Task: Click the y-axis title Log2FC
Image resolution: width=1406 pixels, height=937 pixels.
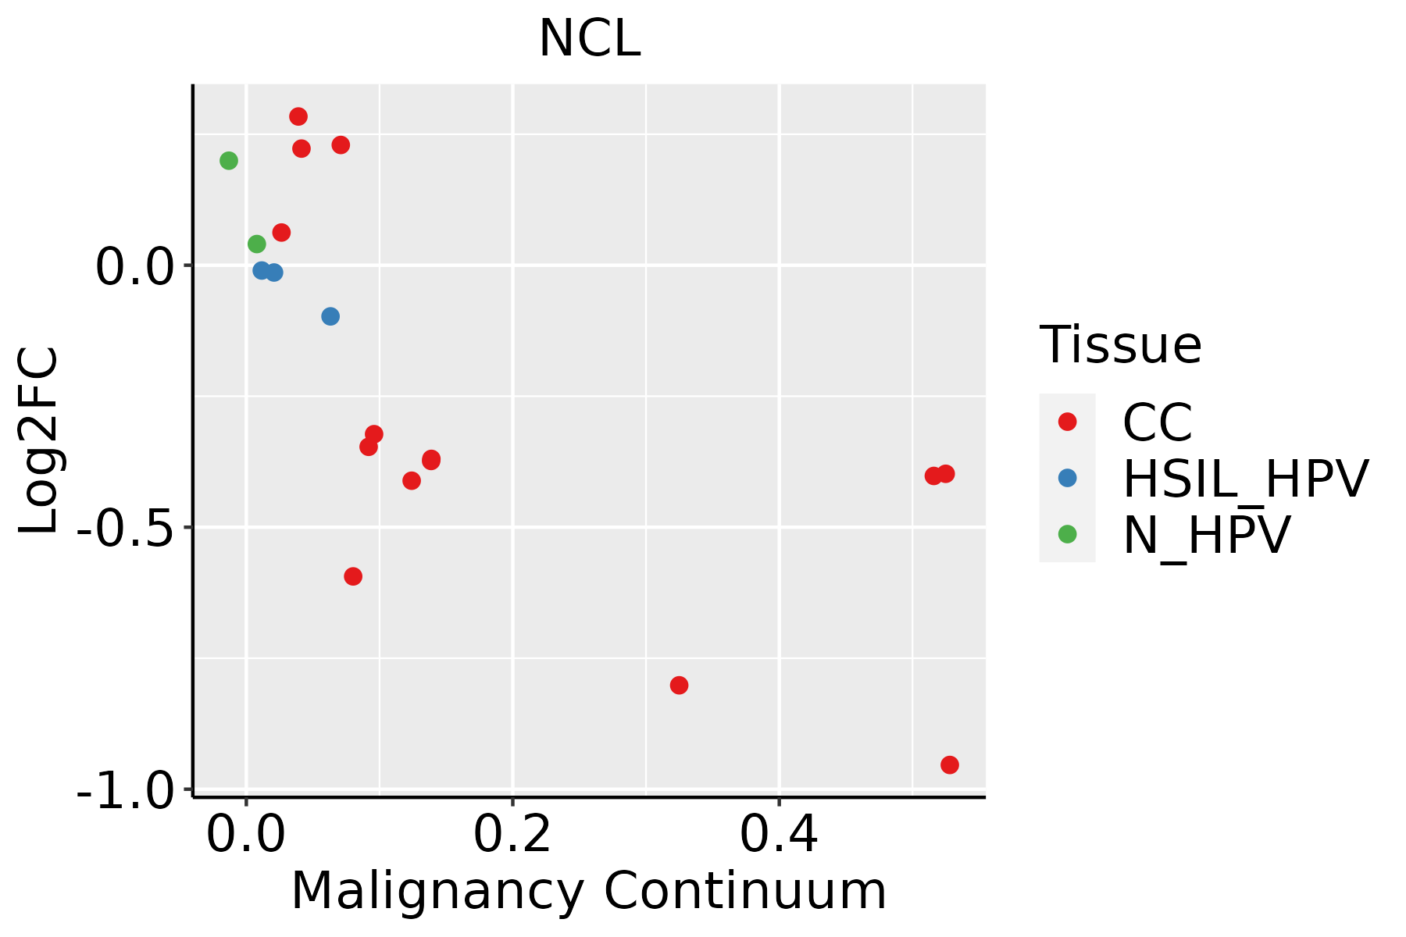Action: click(x=39, y=441)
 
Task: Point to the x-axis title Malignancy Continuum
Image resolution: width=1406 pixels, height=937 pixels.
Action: click(x=589, y=892)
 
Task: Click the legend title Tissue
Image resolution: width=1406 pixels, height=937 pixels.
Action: click(x=1121, y=345)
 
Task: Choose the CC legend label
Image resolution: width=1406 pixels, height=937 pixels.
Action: click(x=1158, y=422)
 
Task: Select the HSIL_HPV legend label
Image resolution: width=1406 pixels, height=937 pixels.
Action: click(x=1246, y=479)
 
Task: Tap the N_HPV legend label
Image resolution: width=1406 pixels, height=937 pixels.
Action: click(x=1207, y=535)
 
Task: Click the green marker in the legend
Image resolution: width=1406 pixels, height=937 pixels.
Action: click(x=1067, y=534)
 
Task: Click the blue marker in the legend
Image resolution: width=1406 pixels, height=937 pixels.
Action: click(x=1067, y=478)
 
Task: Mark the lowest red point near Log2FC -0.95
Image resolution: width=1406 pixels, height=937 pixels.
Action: click(x=950, y=765)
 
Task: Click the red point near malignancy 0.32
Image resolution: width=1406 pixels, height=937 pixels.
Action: click(x=679, y=686)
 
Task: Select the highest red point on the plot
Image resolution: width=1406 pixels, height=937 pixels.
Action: click(x=298, y=117)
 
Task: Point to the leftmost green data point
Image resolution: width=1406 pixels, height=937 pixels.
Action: click(x=229, y=161)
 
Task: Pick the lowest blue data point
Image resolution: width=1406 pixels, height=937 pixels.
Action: click(x=330, y=316)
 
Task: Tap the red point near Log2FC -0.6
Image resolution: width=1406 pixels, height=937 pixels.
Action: click(x=353, y=576)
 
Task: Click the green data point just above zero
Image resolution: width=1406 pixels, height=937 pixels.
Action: click(x=257, y=244)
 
